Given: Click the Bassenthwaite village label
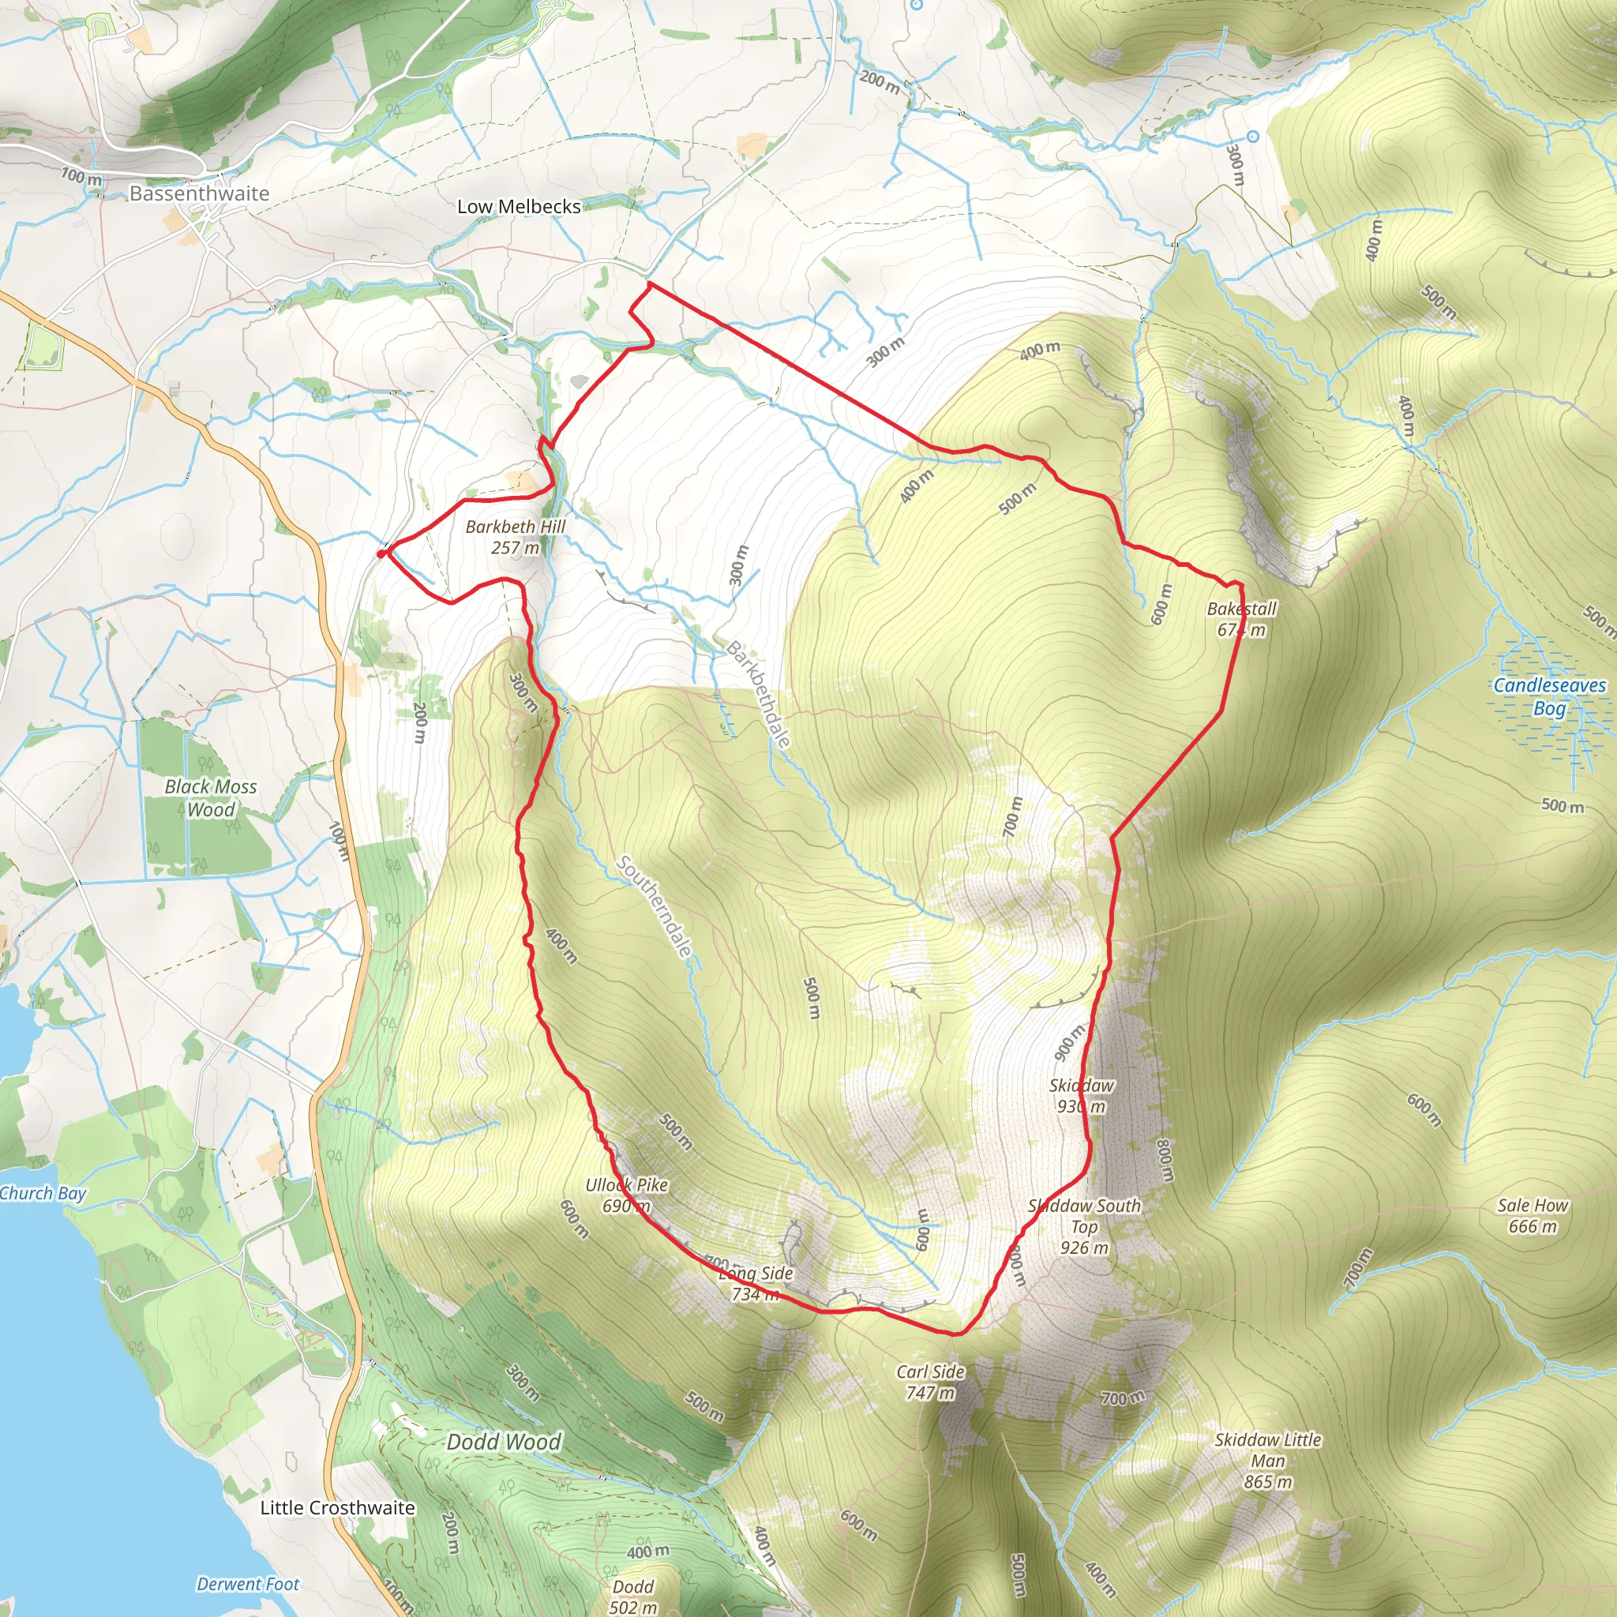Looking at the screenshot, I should tap(199, 193).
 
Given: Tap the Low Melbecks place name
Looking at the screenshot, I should tap(518, 207).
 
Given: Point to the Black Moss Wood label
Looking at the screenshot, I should tap(211, 797).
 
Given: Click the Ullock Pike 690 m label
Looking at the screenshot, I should tap(627, 1195).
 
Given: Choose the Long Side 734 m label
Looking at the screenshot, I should tap(756, 1283).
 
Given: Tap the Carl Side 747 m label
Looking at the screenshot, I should tap(931, 1382).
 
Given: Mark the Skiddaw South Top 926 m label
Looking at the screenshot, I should tap(1084, 1226).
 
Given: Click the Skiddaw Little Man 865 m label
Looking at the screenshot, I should tap(1268, 1461).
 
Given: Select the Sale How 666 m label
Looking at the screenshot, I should tap(1533, 1215).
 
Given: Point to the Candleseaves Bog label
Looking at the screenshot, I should tap(1549, 696).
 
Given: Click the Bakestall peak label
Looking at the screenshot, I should tap(1242, 619).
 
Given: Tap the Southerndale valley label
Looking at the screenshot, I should tap(655, 906).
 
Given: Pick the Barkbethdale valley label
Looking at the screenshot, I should tap(757, 695).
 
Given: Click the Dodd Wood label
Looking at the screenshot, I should tap(504, 1442).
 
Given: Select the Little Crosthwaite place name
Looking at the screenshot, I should tap(337, 1507).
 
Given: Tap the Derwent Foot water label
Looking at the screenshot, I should tap(248, 1584).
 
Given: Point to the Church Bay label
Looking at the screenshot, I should tap(43, 1193).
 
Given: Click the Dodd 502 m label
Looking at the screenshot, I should tap(632, 1596).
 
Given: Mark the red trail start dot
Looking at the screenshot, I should tap(381, 553).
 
